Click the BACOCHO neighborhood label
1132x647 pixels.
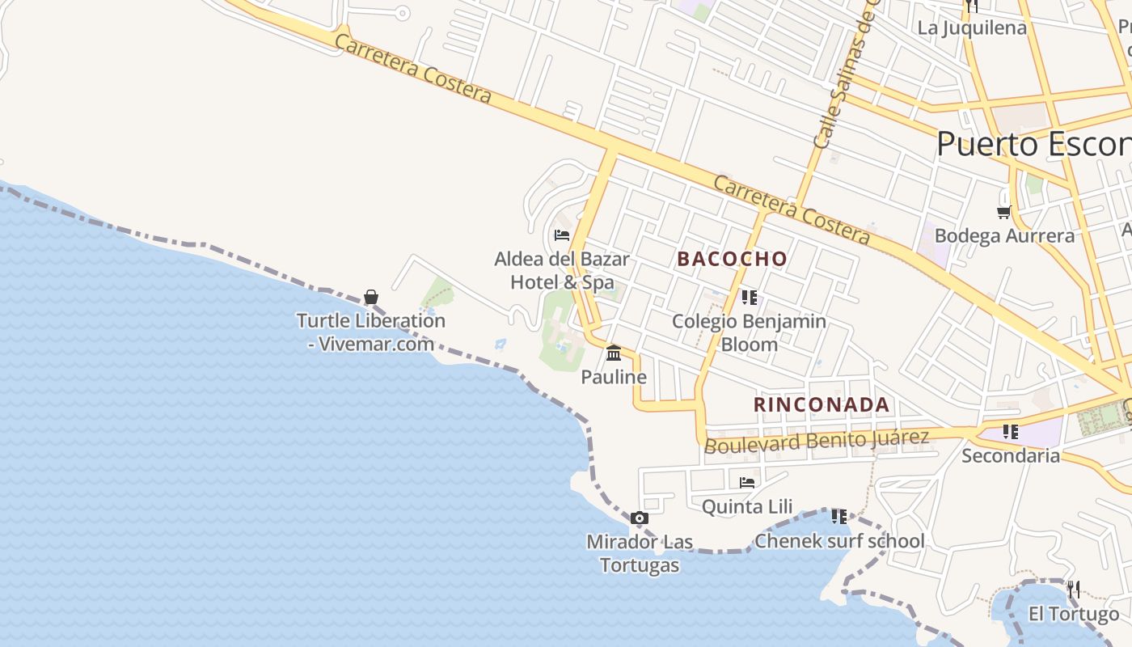pos(732,259)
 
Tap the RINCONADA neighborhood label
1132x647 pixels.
pos(822,404)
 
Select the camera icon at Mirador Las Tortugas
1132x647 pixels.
pos(640,518)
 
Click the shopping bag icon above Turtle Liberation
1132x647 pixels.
pos(371,297)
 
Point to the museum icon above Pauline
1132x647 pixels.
pos(614,353)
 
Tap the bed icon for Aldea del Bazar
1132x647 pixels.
pos(562,235)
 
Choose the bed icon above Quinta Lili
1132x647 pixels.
pos(747,483)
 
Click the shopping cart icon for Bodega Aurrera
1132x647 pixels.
pos(1004,212)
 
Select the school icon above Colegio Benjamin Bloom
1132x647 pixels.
pos(749,297)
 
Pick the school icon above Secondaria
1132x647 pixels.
pos(1010,432)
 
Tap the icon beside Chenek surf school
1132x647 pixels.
pos(838,516)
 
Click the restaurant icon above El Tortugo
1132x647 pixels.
pos(1073,590)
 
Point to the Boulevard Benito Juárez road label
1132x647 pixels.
pos(817,442)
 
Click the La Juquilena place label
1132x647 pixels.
pos(971,28)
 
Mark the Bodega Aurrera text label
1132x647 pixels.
pos(1004,236)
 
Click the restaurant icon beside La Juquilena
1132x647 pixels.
pos(971,6)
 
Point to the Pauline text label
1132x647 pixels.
pos(614,378)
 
